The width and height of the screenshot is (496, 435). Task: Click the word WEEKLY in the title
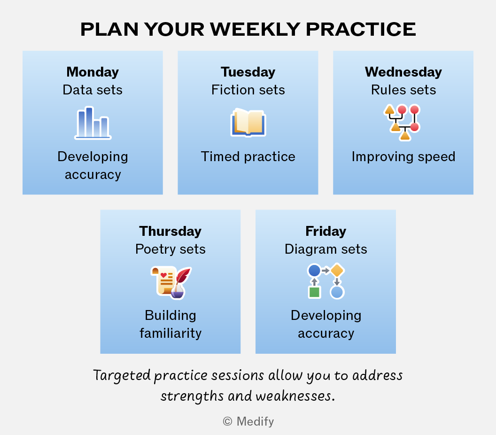tap(255, 30)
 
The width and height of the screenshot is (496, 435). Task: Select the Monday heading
tap(93, 72)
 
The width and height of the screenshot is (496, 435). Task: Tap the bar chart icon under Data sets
tap(93, 123)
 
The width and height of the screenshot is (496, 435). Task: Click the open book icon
tap(248, 123)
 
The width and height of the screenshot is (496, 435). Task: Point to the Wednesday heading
tap(403, 72)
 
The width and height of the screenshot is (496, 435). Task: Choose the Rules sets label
tap(403, 90)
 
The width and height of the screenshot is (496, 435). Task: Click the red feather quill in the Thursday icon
tap(183, 276)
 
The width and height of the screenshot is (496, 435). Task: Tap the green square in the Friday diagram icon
tap(314, 292)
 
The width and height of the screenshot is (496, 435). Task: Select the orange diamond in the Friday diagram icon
tap(337, 271)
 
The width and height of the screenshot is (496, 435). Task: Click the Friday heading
tap(326, 231)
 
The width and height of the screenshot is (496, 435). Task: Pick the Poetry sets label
tap(170, 249)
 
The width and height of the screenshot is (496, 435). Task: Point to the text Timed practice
tap(248, 156)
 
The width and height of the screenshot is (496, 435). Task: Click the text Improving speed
tap(403, 157)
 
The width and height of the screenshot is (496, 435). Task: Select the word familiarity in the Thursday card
tap(170, 333)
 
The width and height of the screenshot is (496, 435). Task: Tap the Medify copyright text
tap(248, 421)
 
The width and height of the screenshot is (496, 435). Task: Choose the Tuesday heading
tap(248, 72)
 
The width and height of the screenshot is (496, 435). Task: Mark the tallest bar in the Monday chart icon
tap(89, 123)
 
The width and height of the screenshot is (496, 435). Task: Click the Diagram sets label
tap(326, 249)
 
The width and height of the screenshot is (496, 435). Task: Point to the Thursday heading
tap(170, 231)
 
